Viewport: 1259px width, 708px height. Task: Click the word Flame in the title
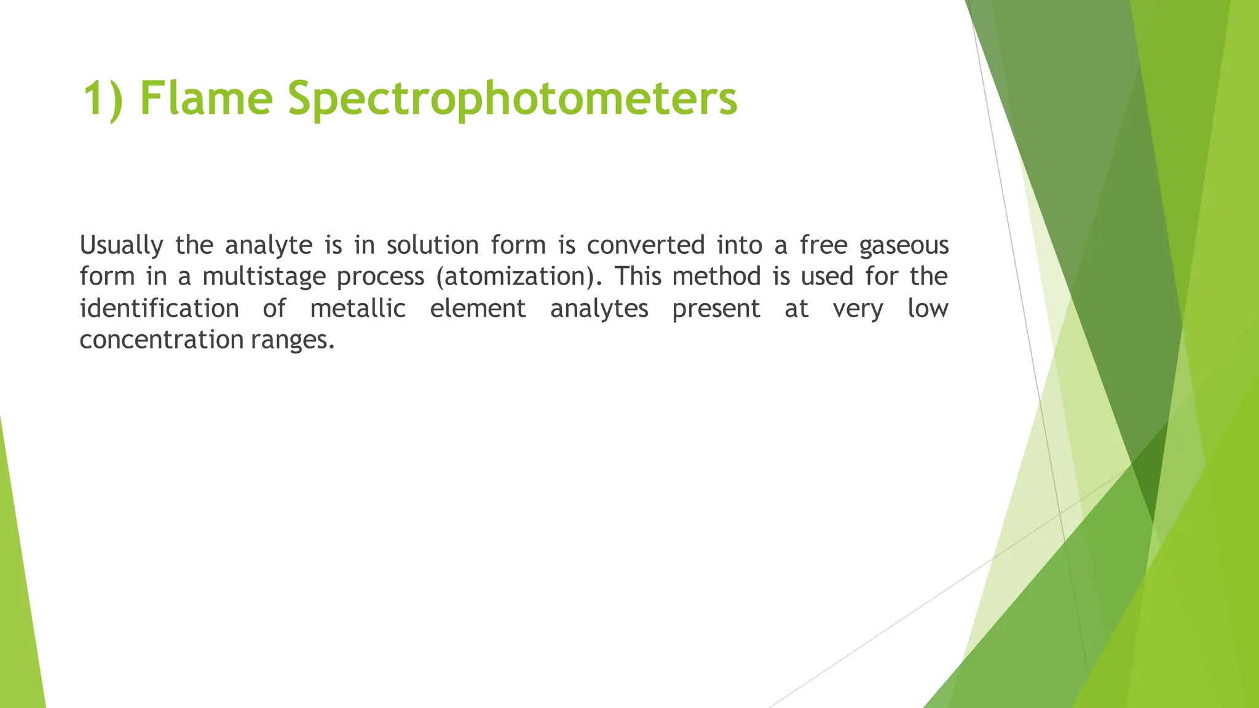[206, 98]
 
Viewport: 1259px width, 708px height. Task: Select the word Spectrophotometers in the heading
[512, 100]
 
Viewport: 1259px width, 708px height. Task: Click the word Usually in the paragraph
[121, 246]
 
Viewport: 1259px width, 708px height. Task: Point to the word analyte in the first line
[269, 246]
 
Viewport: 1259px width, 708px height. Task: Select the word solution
[432, 246]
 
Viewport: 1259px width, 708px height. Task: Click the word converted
[645, 246]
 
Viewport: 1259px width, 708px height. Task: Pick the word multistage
[264, 277]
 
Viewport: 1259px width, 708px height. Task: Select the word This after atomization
[637, 277]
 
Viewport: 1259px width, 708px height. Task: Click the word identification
[159, 309]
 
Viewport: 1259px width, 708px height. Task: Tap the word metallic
[358, 309]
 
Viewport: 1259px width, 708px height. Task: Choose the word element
[478, 309]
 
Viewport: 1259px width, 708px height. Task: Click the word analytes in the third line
[599, 309]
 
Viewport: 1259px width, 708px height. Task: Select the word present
[716, 309]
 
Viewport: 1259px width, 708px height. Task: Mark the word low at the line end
[928, 309]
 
